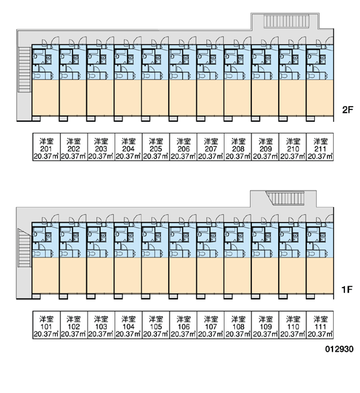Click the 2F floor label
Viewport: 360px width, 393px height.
(348, 109)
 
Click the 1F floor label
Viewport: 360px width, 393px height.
(347, 290)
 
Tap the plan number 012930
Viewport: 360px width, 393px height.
(339, 349)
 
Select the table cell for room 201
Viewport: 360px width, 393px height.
(46, 147)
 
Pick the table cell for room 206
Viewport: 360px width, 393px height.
(183, 147)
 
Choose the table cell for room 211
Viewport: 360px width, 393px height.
(320, 147)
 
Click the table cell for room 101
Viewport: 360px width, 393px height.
(46, 325)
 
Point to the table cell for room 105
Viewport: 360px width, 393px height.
(156, 325)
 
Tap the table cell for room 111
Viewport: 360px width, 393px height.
(320, 325)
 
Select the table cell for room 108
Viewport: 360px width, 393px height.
(238, 325)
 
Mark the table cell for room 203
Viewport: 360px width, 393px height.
(101, 147)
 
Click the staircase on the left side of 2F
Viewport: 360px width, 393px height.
(25, 69)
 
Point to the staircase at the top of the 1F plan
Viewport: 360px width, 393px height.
(285, 198)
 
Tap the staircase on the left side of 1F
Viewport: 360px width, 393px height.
(25, 248)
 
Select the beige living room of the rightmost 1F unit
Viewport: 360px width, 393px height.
(320, 275)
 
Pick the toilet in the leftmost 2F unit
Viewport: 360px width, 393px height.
(37, 75)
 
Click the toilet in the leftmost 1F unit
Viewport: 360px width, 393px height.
(37, 253)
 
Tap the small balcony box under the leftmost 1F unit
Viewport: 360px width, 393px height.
(36, 297)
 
